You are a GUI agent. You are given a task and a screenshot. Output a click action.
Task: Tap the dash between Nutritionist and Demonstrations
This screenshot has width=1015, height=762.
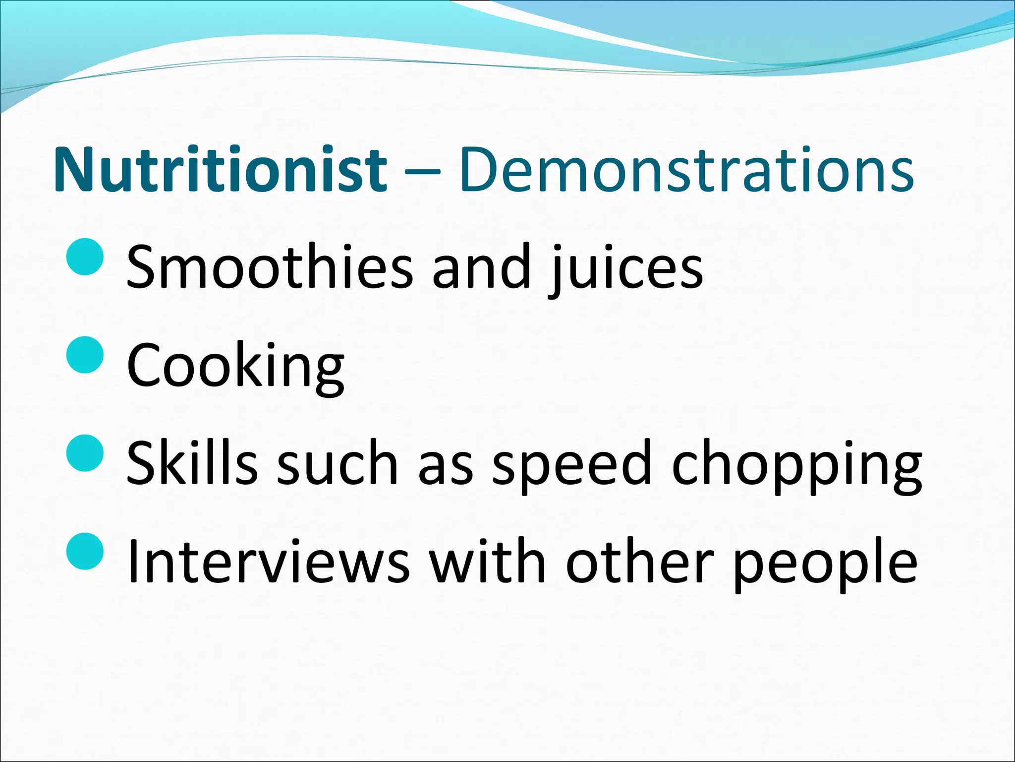point(422,172)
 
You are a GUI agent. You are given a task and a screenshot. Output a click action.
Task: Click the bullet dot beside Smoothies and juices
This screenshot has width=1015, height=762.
point(85,256)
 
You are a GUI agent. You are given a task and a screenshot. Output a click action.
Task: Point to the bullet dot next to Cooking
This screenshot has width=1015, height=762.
point(85,355)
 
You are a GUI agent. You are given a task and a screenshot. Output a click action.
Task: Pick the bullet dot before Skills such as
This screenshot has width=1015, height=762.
point(85,452)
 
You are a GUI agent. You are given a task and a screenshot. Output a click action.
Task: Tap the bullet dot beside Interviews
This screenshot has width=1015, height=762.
point(85,551)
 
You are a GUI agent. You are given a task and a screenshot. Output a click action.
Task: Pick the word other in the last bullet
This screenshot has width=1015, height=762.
point(639,561)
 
